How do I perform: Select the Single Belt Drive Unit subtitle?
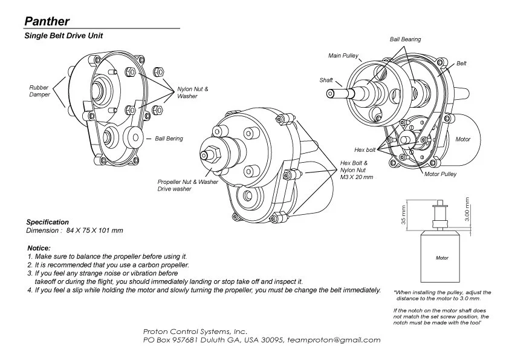point(63,36)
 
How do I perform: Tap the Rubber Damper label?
point(39,91)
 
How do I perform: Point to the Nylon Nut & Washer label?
point(192,93)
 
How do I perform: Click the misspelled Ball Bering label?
point(169,139)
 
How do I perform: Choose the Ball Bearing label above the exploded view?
point(405,39)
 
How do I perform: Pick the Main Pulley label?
point(343,56)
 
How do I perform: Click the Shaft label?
point(326,80)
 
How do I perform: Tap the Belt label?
point(461,64)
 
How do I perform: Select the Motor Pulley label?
point(440,174)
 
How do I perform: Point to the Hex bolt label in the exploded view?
point(365,149)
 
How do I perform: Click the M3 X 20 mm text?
point(357,177)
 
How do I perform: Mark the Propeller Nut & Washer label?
point(187,182)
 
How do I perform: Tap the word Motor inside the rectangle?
point(442,258)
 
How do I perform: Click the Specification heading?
point(48,222)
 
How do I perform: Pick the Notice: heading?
point(39,249)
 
